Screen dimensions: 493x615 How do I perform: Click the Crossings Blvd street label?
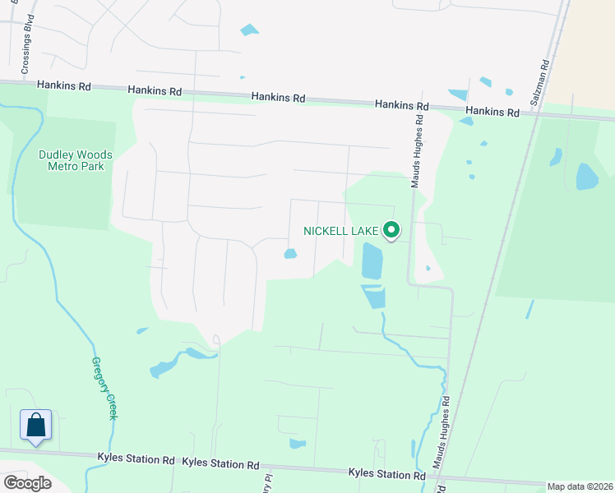[27, 48]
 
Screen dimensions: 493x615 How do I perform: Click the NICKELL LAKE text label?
[340, 231]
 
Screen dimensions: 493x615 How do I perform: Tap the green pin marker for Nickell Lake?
[391, 232]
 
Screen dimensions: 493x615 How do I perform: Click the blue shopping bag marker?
[35, 426]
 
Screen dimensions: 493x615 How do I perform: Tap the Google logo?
[27, 482]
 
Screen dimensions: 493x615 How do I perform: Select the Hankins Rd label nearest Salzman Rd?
[492, 111]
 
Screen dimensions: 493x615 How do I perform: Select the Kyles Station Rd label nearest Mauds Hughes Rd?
[386, 473]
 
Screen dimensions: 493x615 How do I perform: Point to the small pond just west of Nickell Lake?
[290, 254]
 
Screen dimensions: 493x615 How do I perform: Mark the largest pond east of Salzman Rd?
[587, 177]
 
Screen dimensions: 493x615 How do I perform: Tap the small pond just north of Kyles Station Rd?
[297, 444]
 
